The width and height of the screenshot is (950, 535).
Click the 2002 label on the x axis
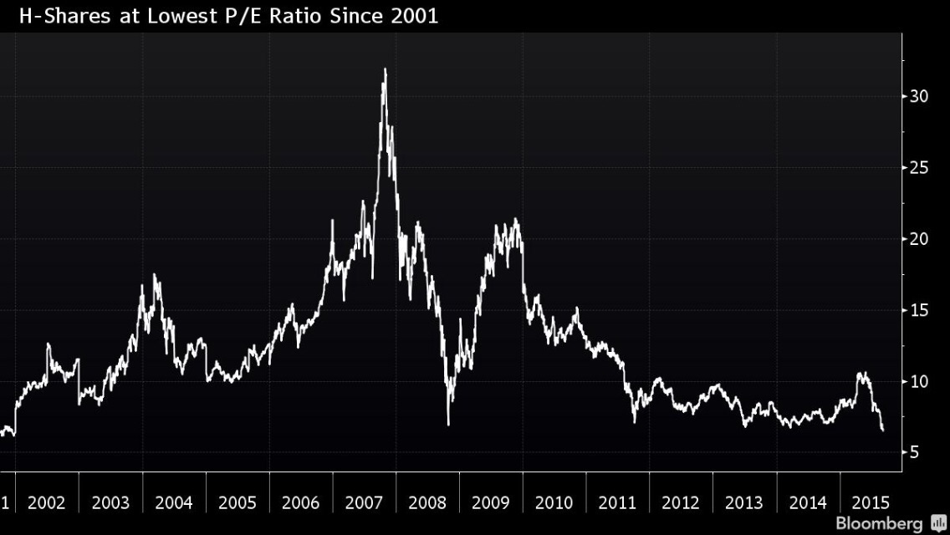pos(47,503)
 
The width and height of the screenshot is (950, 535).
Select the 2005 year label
pos(237,503)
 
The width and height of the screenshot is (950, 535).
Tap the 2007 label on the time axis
pos(364,503)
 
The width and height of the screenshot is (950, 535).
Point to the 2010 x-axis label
pos(554,503)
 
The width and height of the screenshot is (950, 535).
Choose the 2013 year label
pos(743,503)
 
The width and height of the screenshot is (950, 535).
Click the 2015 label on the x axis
pos(871,503)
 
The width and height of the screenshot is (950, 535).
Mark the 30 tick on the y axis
pos(919,96)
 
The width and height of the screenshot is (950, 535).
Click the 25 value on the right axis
pos(919,168)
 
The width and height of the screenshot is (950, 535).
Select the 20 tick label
pos(919,239)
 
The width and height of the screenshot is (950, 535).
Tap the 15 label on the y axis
pos(919,311)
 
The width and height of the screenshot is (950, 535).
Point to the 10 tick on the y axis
pos(919,382)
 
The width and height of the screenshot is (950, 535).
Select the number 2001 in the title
pos(413,16)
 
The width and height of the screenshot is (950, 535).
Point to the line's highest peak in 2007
pos(385,69)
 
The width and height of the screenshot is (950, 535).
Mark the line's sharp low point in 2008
pos(448,424)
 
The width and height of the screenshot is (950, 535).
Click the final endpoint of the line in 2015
pos(883,431)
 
